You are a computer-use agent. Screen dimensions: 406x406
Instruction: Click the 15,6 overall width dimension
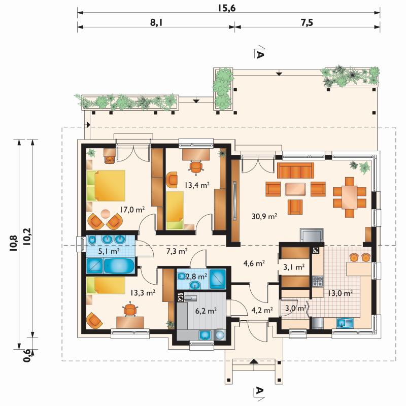[x=226, y=8]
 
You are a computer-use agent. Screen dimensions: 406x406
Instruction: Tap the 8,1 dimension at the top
[x=157, y=22]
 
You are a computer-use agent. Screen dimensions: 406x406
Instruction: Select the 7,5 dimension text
[x=307, y=22]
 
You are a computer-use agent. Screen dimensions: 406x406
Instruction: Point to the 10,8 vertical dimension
[x=13, y=243]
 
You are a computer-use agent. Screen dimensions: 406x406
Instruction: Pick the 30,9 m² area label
[x=264, y=216]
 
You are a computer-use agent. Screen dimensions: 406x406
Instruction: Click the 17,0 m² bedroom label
[x=132, y=210]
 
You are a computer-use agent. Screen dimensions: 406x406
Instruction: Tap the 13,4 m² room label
[x=197, y=185]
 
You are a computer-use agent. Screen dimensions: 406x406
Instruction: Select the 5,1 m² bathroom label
[x=109, y=251]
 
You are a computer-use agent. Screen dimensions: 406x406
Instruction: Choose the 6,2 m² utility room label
[x=206, y=311]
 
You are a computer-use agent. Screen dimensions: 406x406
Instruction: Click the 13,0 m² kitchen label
[x=340, y=293]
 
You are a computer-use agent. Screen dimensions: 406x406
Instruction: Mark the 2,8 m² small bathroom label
[x=196, y=277]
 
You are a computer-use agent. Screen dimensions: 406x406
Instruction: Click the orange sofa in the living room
[x=295, y=171]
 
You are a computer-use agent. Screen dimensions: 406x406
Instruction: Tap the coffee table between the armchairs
[x=295, y=189]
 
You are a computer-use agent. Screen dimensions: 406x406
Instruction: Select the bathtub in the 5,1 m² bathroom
[x=119, y=265]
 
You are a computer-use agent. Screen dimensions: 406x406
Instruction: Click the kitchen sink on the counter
[x=345, y=323]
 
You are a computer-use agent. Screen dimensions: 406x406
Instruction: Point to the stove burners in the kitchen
[x=318, y=282]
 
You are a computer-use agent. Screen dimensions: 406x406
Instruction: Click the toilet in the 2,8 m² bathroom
[x=182, y=277]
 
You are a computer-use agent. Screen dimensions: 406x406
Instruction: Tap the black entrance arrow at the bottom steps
[x=254, y=361]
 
